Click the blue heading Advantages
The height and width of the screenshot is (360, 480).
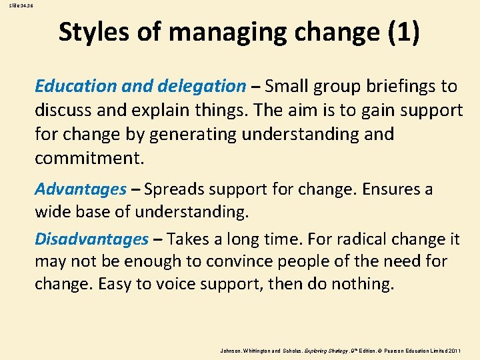(x=80, y=189)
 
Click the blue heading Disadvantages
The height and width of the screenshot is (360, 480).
(x=91, y=239)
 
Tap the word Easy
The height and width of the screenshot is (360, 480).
(x=115, y=283)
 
